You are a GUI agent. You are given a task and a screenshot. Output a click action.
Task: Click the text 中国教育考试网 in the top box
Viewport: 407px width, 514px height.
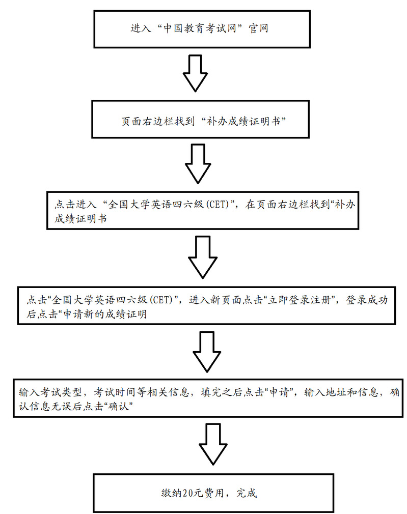(201, 28)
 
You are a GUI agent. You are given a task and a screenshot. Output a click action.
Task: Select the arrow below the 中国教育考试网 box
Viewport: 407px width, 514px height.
(196, 73)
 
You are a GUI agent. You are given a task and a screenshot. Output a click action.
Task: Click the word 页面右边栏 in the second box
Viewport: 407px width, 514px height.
(145, 122)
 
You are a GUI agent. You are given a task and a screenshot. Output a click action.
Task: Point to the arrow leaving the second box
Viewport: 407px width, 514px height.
(197, 163)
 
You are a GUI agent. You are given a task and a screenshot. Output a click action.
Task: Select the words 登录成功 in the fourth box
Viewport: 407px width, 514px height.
(366, 300)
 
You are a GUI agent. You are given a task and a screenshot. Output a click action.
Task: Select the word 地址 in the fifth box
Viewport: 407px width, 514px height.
(335, 392)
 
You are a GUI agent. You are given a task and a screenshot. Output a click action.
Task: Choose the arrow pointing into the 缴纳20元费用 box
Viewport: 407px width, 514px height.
(210, 443)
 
